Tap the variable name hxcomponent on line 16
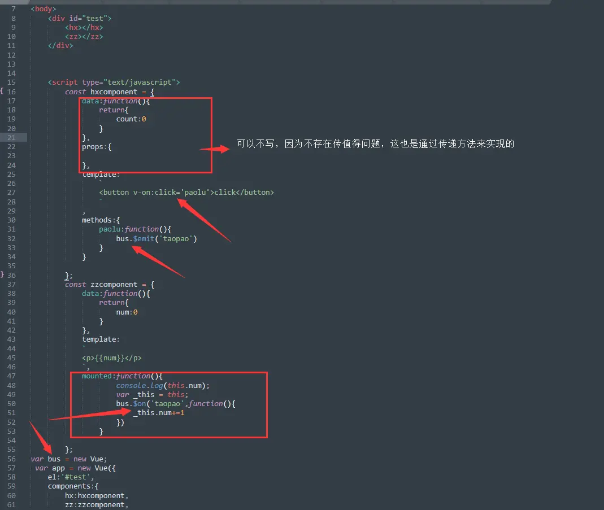coord(114,91)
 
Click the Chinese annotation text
coord(375,144)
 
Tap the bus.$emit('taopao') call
coord(157,238)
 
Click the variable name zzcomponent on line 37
coord(114,284)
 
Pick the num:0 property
coord(127,312)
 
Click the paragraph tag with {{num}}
coord(112,358)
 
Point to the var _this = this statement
coord(152,395)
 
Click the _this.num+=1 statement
coord(159,413)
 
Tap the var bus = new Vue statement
coord(69,459)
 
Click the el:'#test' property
coord(67,477)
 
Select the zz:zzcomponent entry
coord(96,505)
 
